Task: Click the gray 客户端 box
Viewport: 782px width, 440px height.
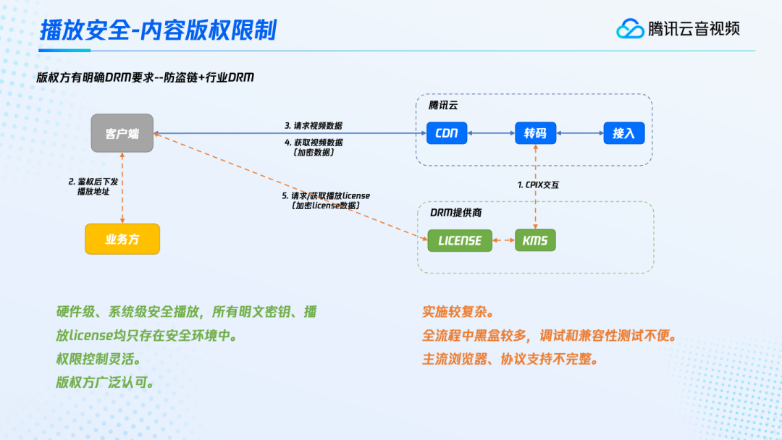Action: (122, 133)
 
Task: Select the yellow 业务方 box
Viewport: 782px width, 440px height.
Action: (122, 240)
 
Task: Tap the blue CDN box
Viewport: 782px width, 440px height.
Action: (447, 133)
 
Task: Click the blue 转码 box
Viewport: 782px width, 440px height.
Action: (535, 133)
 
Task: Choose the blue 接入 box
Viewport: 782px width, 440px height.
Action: (623, 133)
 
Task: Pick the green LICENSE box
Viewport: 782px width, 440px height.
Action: (460, 240)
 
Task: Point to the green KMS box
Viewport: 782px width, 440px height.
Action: (535, 240)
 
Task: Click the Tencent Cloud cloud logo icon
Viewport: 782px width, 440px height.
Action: (630, 29)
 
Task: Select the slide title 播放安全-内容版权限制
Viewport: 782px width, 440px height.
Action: (157, 30)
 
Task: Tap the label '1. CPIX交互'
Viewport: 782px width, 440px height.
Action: (538, 185)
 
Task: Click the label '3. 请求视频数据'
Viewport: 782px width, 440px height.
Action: (314, 124)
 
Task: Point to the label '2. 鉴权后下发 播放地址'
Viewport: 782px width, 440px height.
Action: (93, 186)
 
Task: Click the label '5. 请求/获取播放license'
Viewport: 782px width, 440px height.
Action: (326, 196)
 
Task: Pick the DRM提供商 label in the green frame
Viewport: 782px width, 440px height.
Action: (454, 212)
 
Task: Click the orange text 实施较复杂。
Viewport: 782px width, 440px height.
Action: (458, 312)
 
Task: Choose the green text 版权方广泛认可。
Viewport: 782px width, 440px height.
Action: (105, 383)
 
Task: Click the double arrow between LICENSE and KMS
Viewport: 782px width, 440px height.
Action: (503, 240)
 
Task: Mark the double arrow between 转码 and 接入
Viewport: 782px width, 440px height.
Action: (580, 133)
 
